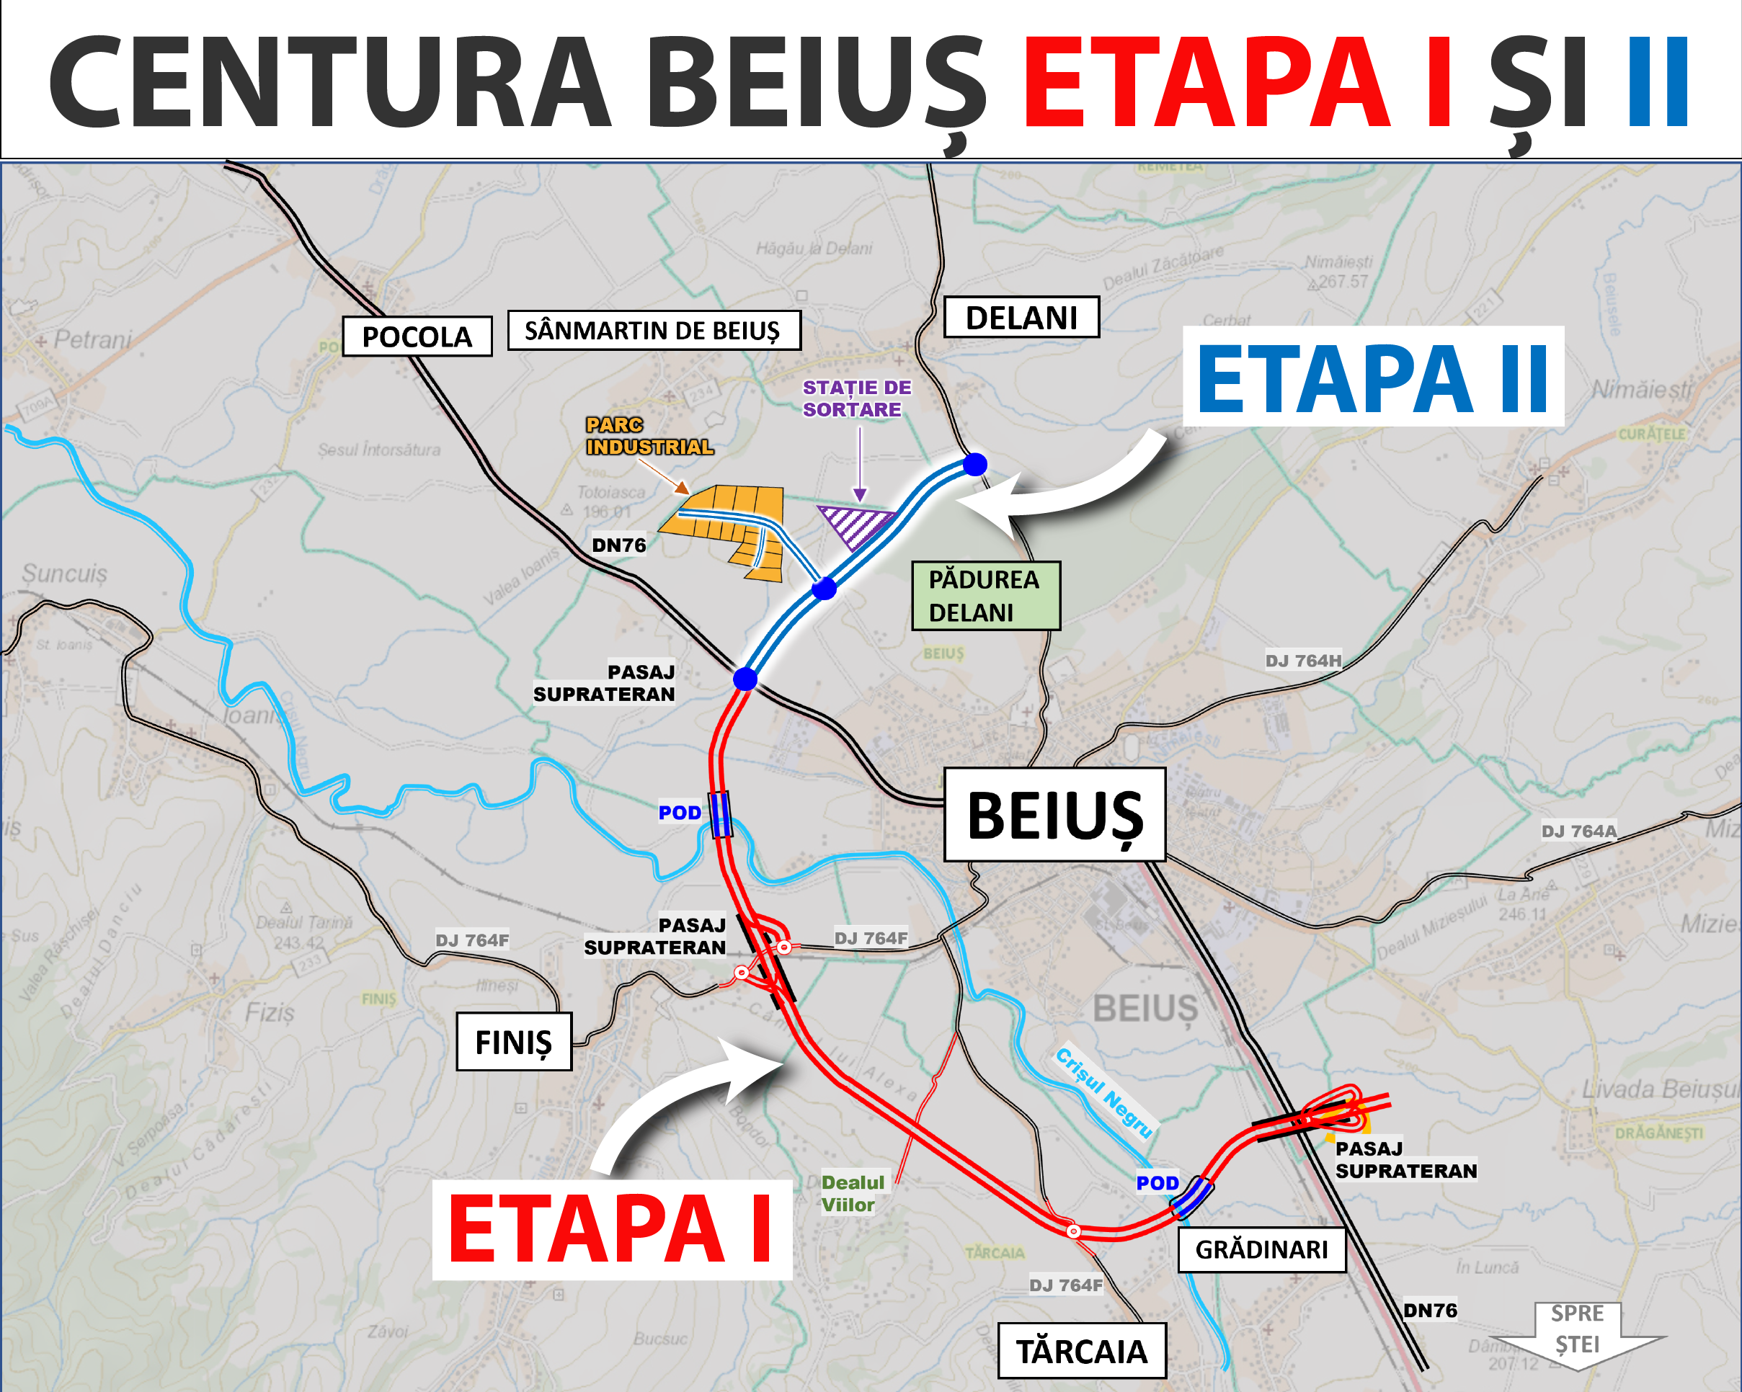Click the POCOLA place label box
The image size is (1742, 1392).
(417, 336)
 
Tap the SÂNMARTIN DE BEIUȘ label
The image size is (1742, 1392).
(654, 331)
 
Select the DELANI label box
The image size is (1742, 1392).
(1021, 318)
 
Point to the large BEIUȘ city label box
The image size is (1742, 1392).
(1054, 814)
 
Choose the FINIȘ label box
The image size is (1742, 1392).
(514, 1041)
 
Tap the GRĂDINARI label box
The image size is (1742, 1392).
(1261, 1250)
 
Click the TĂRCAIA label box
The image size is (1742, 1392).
(1082, 1351)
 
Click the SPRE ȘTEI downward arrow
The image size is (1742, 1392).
(1577, 1334)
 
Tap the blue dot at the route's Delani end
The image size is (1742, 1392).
(975, 465)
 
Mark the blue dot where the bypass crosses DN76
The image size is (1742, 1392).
(745, 679)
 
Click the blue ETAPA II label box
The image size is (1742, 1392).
(1373, 378)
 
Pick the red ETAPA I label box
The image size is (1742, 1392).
(612, 1228)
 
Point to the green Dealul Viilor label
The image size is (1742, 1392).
(853, 1193)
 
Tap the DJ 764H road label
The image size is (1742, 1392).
(1302, 661)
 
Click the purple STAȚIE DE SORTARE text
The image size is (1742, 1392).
(856, 398)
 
